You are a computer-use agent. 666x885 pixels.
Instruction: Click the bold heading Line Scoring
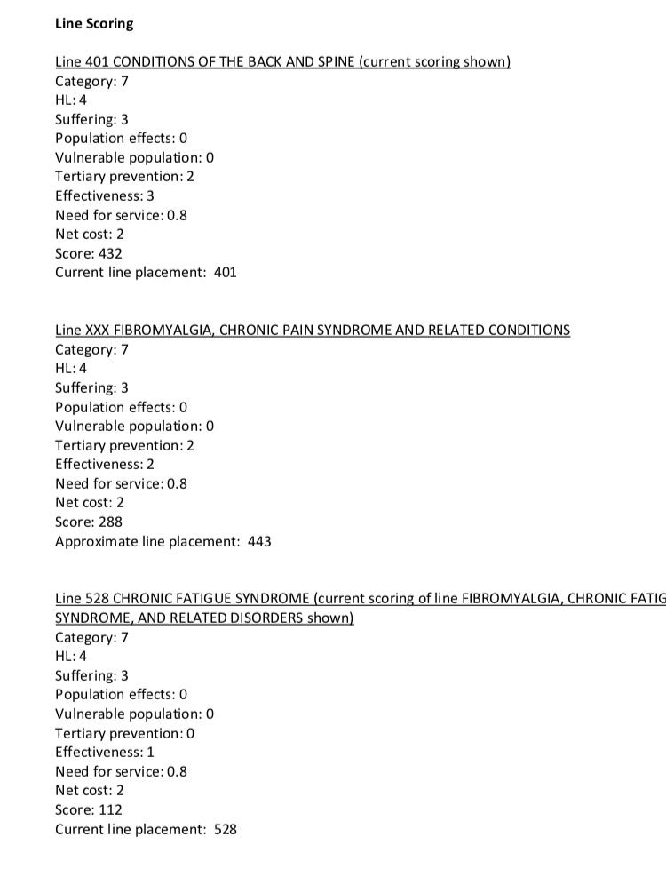coord(94,24)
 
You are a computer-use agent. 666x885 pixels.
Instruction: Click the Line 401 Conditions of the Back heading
coord(282,62)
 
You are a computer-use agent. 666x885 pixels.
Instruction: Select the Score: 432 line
coord(89,253)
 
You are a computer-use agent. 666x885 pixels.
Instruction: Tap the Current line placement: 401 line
coord(146,273)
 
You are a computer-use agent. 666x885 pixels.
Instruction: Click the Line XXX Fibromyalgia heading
coord(313,331)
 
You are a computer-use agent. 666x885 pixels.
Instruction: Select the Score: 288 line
coord(89,522)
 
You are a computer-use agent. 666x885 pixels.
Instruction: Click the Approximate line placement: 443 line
coord(163,541)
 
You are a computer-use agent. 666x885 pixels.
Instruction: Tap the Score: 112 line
coord(89,809)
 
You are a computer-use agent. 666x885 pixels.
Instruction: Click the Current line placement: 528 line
coord(146,829)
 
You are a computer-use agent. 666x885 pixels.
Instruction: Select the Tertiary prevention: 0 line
coord(124,733)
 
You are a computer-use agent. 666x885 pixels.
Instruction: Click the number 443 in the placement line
coord(259,541)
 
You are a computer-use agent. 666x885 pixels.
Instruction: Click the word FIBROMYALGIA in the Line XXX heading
coord(163,331)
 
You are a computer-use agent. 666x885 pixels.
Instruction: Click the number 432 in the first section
coord(110,253)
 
